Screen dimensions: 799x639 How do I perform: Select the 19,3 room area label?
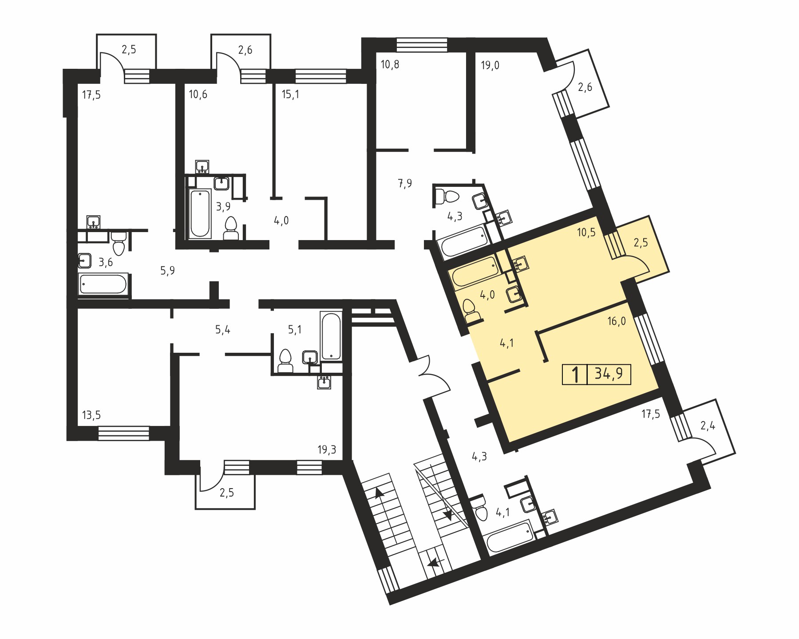pos(327,450)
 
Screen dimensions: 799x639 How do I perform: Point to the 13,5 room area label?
pos(91,415)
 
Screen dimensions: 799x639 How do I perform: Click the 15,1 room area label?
pos(291,95)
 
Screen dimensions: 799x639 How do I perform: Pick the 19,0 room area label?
pos(490,66)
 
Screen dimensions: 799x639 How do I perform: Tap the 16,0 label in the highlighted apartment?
pos(617,321)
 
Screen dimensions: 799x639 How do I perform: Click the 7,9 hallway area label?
pos(405,183)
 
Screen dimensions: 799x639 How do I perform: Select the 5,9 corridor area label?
pos(167,271)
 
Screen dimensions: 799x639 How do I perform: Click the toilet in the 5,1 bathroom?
pos(285,361)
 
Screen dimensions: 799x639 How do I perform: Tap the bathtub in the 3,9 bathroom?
pos(200,213)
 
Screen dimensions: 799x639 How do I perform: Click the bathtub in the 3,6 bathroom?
pos(103,284)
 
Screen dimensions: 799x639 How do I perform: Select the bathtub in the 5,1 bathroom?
pos(331,336)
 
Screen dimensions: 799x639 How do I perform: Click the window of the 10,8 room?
pos(422,45)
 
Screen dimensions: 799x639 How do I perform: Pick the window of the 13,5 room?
pos(123,433)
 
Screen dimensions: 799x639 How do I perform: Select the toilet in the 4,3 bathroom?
pos(448,196)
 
